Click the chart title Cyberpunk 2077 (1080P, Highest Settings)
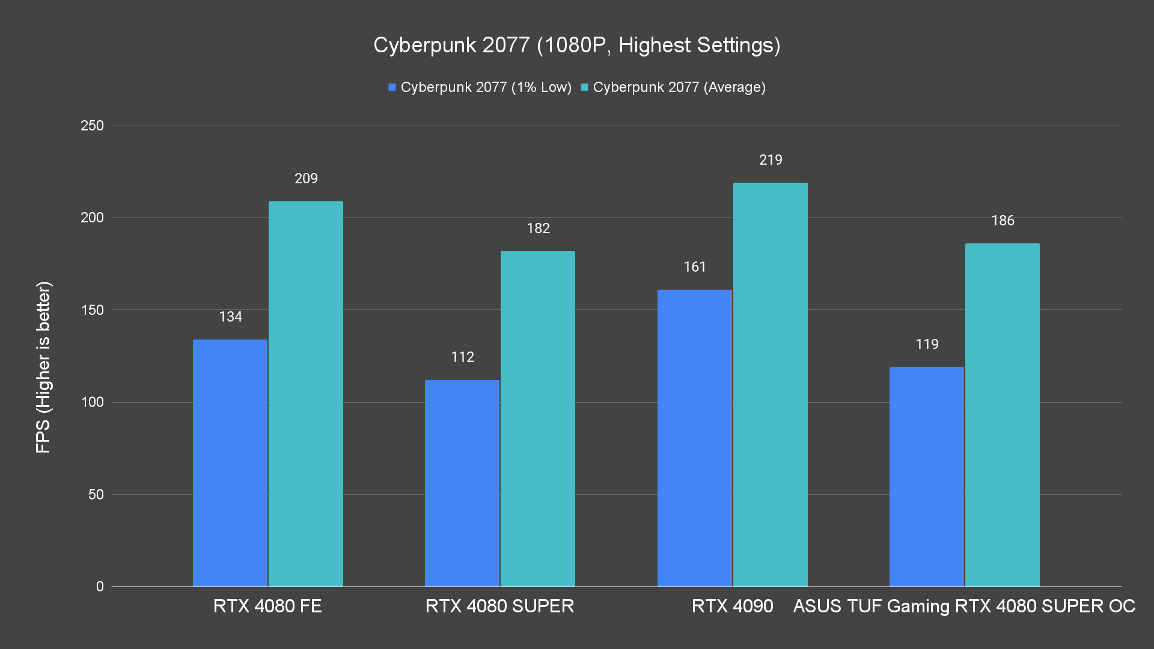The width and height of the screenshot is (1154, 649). [576, 45]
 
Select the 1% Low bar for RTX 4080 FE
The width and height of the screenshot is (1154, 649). [230, 463]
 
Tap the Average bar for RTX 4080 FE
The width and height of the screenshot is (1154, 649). [306, 394]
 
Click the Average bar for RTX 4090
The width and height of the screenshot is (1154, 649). [771, 385]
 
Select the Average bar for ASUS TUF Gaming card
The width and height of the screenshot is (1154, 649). [1003, 415]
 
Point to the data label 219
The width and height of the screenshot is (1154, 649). [771, 160]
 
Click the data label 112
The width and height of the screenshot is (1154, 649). [462, 357]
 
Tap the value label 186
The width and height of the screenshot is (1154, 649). [1003, 221]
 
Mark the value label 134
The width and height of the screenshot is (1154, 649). [230, 317]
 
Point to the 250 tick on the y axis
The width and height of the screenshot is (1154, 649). [92, 126]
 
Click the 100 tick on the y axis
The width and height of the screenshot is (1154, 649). [92, 402]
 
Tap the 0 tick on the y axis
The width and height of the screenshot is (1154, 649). [100, 587]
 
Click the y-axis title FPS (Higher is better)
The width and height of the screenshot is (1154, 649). [43, 367]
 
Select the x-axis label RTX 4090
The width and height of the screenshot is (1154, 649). [732, 606]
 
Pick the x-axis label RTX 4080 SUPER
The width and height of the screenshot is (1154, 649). [499, 606]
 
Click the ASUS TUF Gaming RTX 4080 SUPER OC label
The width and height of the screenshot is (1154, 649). [964, 606]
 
